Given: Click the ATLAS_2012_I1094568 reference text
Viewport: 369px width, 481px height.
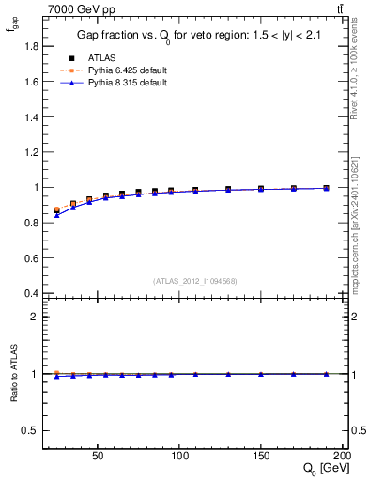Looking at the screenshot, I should (x=195, y=280).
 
